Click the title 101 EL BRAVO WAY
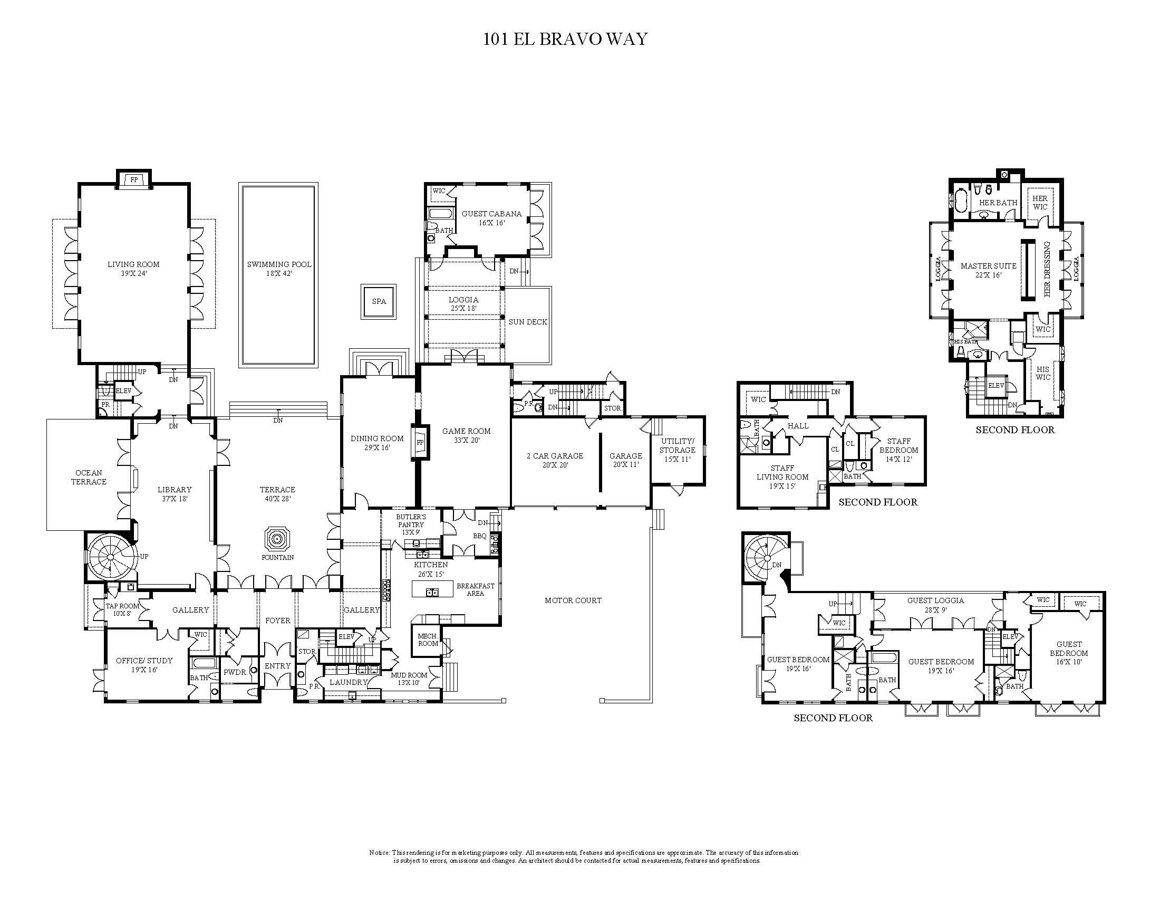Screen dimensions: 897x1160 point(565,40)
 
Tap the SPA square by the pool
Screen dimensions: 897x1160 point(379,301)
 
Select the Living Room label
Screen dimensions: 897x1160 point(133,265)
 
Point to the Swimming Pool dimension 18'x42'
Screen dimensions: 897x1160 point(279,274)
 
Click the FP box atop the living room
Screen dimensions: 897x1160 point(134,179)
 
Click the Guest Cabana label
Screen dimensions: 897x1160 point(491,214)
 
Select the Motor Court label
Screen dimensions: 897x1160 point(573,600)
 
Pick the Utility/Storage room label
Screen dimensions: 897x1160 point(677,445)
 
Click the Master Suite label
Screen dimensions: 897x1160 point(988,266)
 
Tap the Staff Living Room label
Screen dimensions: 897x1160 point(782,472)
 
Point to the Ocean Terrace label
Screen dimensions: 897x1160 point(89,476)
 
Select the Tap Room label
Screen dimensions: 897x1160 point(122,606)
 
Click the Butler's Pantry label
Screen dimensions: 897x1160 point(411,521)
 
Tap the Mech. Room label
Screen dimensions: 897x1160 point(428,640)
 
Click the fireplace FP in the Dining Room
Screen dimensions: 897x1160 point(420,442)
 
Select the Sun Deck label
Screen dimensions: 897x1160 point(527,321)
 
